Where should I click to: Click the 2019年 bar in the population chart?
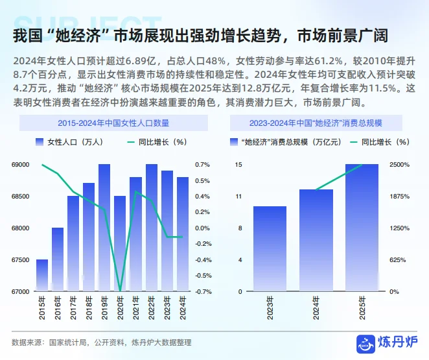pyautogui.click(x=104, y=228)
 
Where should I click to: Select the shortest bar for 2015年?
pyautogui.click(x=42, y=275)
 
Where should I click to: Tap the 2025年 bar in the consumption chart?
pyautogui.click(x=362, y=228)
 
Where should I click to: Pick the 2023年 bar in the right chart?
pyautogui.click(x=270, y=248)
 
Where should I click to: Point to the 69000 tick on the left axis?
pyautogui.click(x=21, y=165)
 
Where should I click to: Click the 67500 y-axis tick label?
pyautogui.click(x=21, y=260)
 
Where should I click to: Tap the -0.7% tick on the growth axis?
pyautogui.click(x=203, y=292)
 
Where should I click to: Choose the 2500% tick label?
pyautogui.click(x=399, y=165)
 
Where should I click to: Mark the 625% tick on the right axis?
pyautogui.click(x=398, y=260)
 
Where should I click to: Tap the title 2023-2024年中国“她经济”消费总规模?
pyautogui.click(x=316, y=122)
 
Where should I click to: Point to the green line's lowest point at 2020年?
pyautogui.click(x=120, y=291)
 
